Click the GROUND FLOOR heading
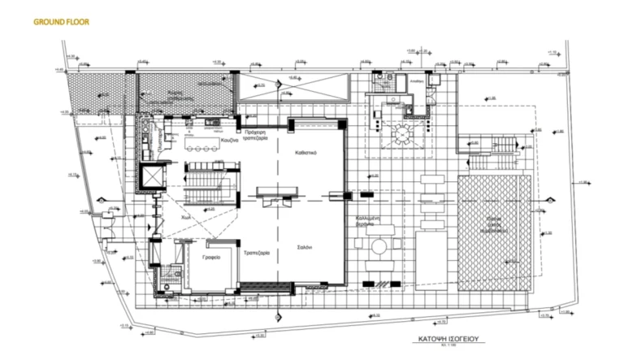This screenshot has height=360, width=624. tap(61, 22)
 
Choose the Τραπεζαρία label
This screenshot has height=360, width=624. tap(260, 253)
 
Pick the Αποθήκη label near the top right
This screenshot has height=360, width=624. tap(418, 83)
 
